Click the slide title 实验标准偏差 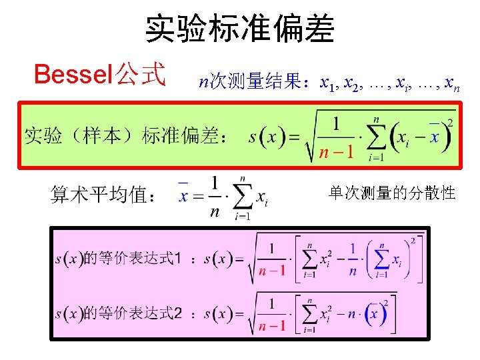[240, 29]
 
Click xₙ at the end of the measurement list [451, 85]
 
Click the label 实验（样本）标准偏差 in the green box [122, 136]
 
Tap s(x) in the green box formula [266, 138]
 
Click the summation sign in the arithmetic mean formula [243, 197]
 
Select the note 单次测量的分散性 [392, 193]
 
